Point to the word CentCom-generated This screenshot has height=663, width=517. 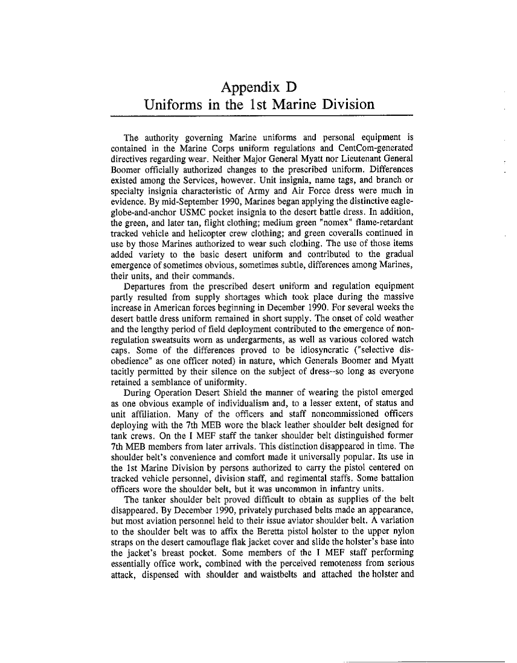click(x=374, y=148)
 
